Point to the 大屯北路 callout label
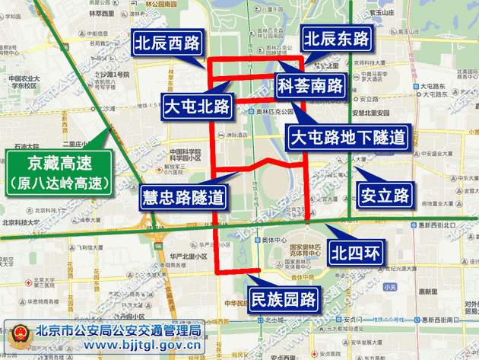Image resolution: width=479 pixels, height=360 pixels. click(x=198, y=107)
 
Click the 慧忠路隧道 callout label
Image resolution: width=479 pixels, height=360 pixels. click(x=184, y=197)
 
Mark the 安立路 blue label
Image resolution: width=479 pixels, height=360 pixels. click(x=385, y=195)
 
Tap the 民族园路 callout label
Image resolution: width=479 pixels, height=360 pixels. click(x=284, y=299)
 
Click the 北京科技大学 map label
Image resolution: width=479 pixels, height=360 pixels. click(x=21, y=222)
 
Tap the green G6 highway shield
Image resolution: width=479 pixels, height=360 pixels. click(x=158, y=247)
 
